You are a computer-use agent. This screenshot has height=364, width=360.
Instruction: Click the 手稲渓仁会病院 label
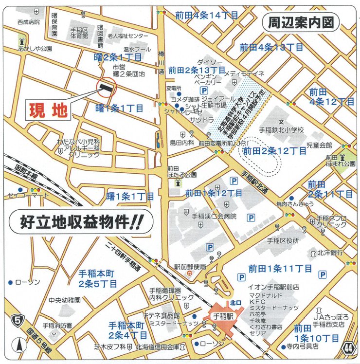tap(214, 216)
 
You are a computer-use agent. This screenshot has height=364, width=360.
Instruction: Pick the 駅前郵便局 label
tap(190, 267)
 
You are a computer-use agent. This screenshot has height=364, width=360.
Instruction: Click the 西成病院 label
tap(28, 22)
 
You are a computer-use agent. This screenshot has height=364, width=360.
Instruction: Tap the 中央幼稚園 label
tap(65, 300)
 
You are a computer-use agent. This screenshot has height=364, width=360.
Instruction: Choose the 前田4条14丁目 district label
tap(206, 15)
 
